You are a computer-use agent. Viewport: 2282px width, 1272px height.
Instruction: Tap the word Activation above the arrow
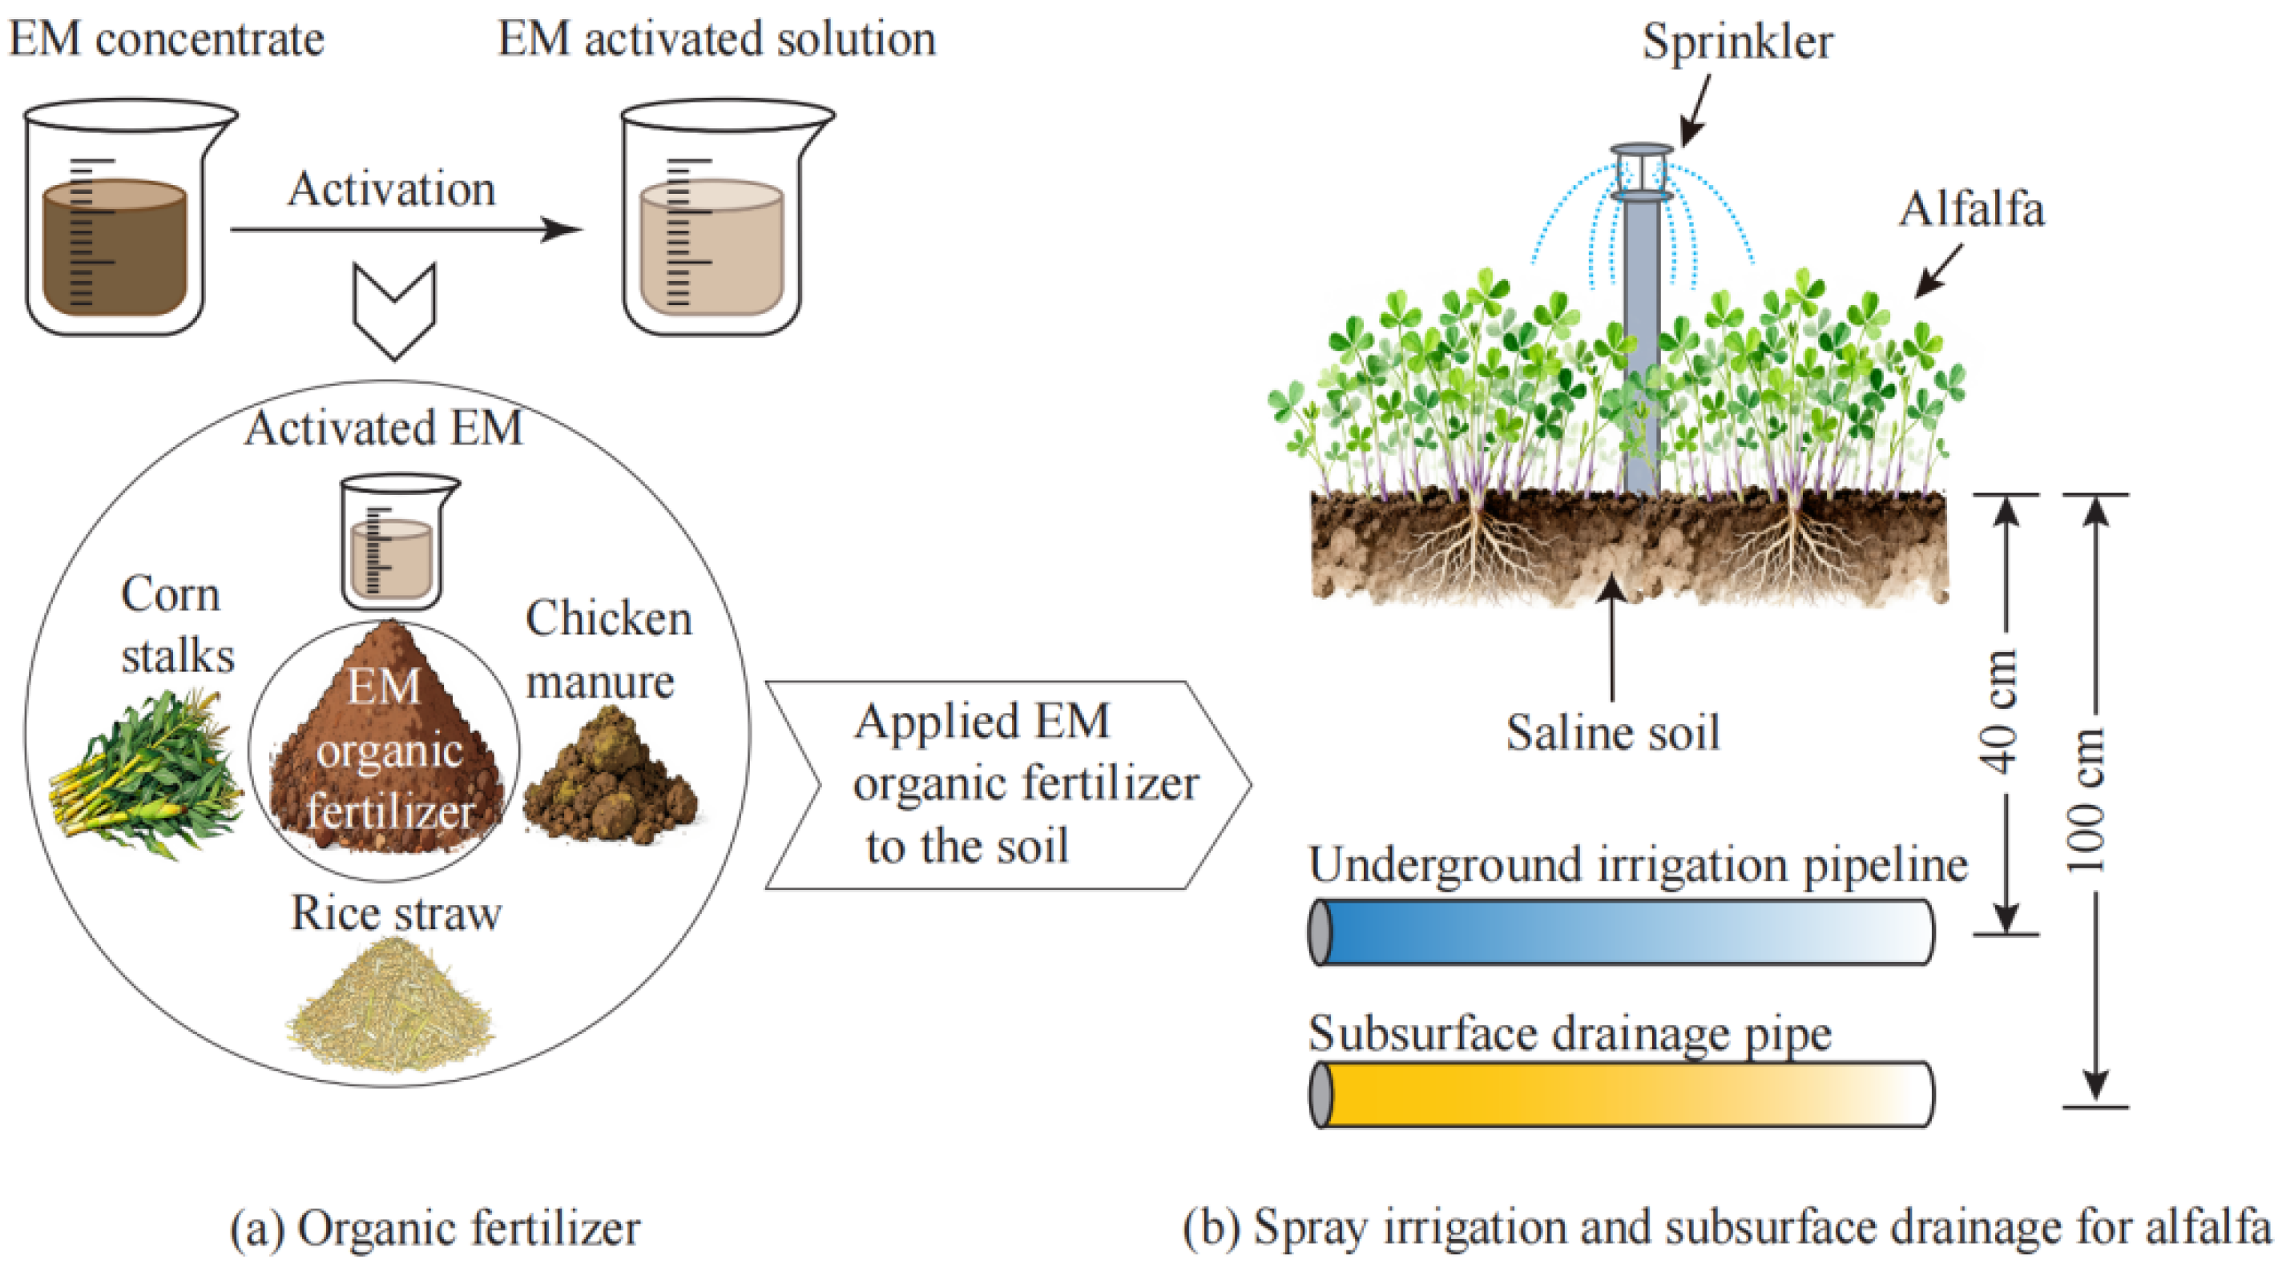pos(391,190)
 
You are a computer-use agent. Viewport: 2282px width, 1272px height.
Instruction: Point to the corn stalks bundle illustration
pos(146,775)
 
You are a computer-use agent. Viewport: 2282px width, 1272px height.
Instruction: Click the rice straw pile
pos(389,1005)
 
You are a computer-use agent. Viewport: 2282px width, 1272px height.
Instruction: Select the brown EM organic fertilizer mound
pos(386,753)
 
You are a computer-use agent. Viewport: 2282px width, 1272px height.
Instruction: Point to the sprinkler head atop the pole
pos(1642,173)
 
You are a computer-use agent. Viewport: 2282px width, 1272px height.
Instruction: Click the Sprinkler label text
pos(1736,42)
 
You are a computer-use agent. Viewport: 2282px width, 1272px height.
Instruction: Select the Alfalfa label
pos(1972,210)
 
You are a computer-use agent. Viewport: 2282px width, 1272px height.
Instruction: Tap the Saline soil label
pos(1612,733)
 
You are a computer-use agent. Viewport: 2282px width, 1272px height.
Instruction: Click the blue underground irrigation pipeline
pos(1621,932)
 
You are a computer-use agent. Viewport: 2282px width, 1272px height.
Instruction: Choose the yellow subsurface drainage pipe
pos(1621,1094)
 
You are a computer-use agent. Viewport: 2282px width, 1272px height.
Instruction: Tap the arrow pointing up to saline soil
pos(1612,638)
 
